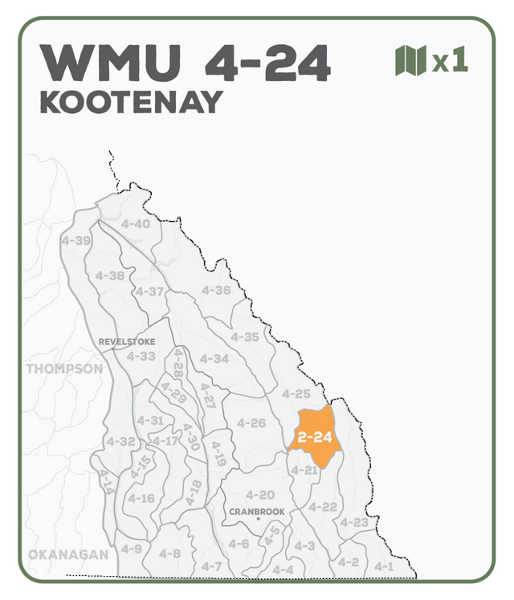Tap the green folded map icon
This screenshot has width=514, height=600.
coord(410,61)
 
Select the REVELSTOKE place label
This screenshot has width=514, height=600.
coord(127,341)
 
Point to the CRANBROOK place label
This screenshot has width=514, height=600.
coord(257,511)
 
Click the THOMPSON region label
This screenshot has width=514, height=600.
coord(64,369)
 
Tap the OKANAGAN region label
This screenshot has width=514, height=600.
coord(67,555)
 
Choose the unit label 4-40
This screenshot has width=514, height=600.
coord(136,223)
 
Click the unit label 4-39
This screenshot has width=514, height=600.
coord(75,240)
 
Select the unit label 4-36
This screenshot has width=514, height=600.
coord(216,290)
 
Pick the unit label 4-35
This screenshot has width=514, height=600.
coord(245,337)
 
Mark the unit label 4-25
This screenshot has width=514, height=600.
coord(296,394)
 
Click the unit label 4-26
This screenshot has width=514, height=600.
coord(251,422)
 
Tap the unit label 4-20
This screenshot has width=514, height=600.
coord(260,494)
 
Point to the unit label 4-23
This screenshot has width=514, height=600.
coord(353,523)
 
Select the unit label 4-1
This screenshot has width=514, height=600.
coord(384,566)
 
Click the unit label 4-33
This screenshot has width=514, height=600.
coord(141,356)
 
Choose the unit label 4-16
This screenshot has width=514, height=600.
coord(141,499)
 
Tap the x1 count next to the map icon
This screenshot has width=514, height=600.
coord(450,62)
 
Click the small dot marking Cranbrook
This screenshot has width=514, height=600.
coord(258,520)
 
